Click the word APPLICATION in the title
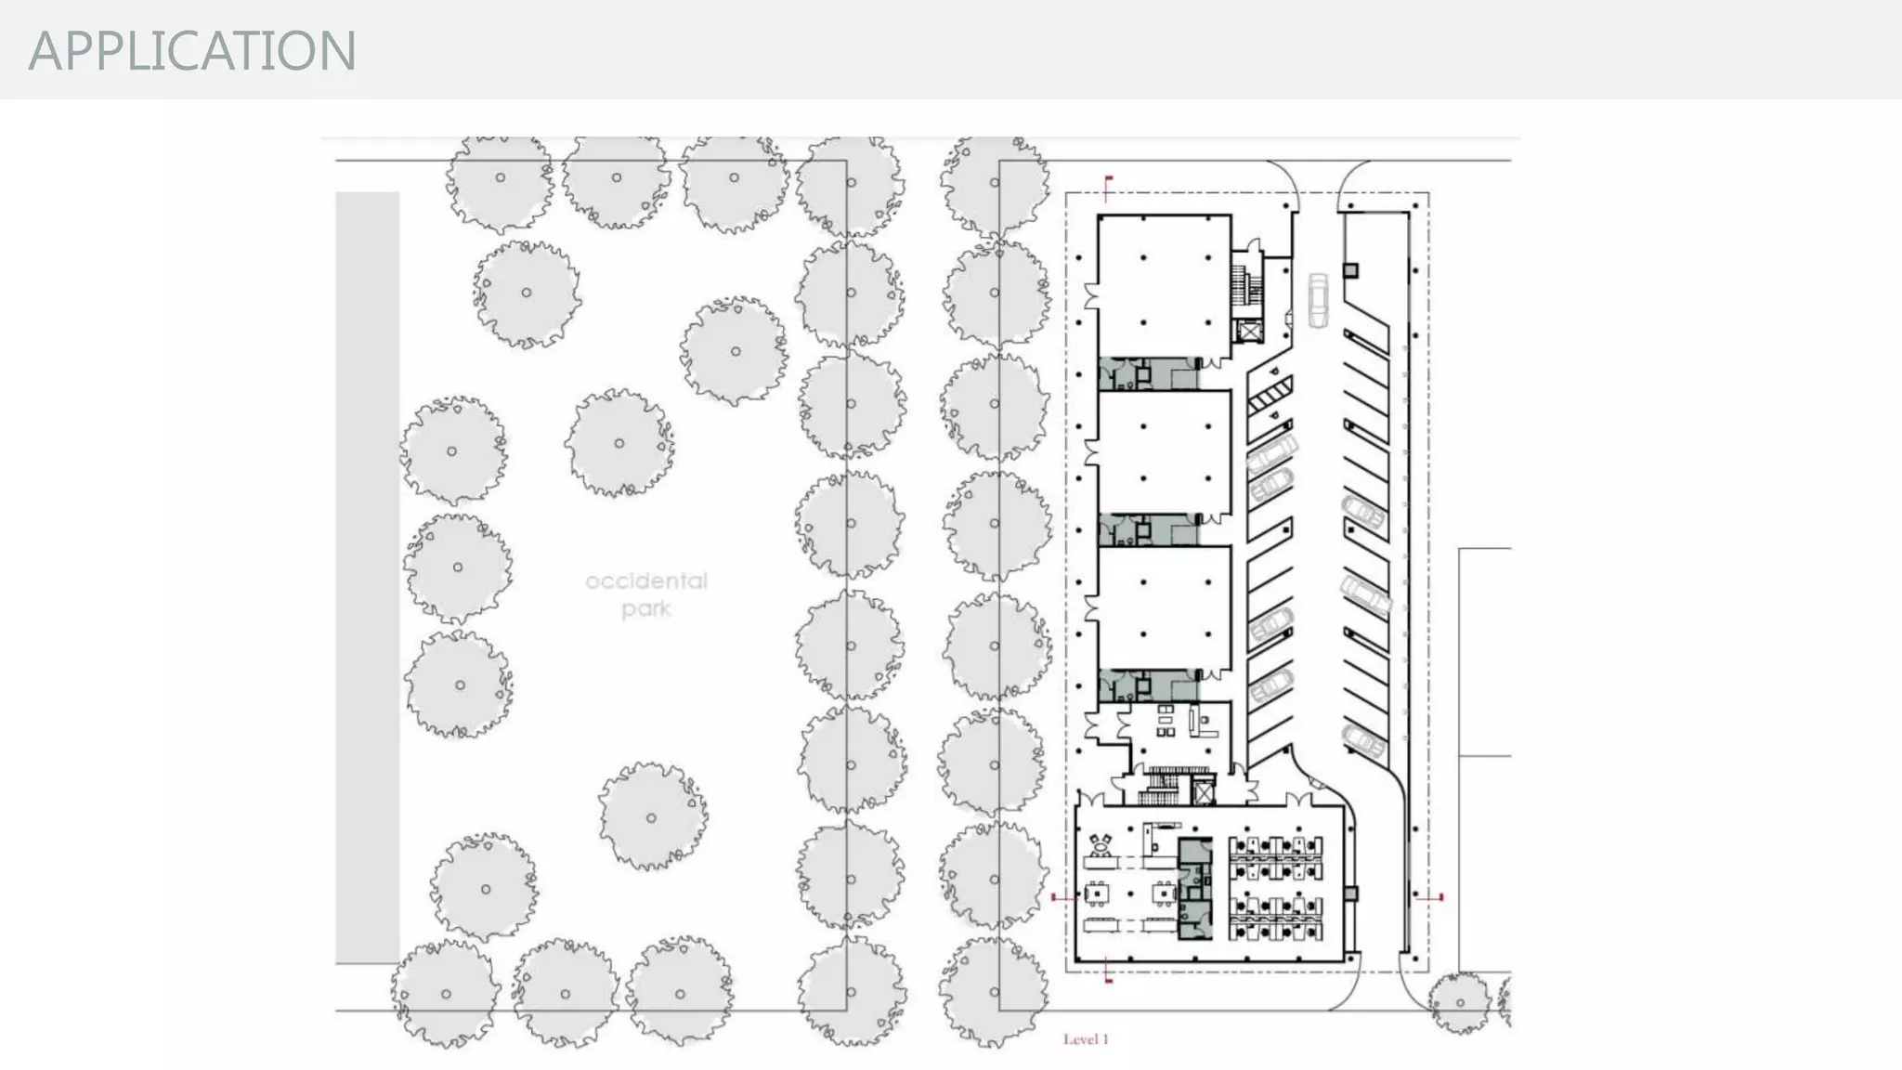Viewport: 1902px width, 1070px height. click(x=192, y=50)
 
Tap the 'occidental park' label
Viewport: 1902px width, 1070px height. click(x=646, y=594)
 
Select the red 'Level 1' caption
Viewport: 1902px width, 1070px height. click(x=1086, y=1039)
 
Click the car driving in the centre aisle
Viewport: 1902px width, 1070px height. click(x=1318, y=300)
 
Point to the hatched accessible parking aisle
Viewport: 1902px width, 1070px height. click(x=1269, y=400)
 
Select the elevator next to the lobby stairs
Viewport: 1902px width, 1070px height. click(x=1204, y=792)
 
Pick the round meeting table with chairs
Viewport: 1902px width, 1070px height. click(x=1102, y=845)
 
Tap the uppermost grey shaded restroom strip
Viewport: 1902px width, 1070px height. click(x=1148, y=373)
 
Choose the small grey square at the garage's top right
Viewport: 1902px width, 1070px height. click(x=1350, y=270)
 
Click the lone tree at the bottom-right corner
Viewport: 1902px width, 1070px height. click(x=1460, y=1003)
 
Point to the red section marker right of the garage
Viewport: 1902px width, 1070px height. click(x=1431, y=897)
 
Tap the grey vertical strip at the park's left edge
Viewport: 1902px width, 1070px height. click(x=368, y=576)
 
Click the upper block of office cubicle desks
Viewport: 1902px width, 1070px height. click(x=1275, y=857)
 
